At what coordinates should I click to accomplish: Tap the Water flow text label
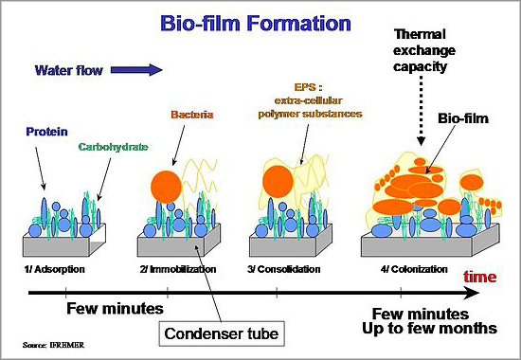click(x=68, y=70)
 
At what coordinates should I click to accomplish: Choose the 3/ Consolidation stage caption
click(x=287, y=270)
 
